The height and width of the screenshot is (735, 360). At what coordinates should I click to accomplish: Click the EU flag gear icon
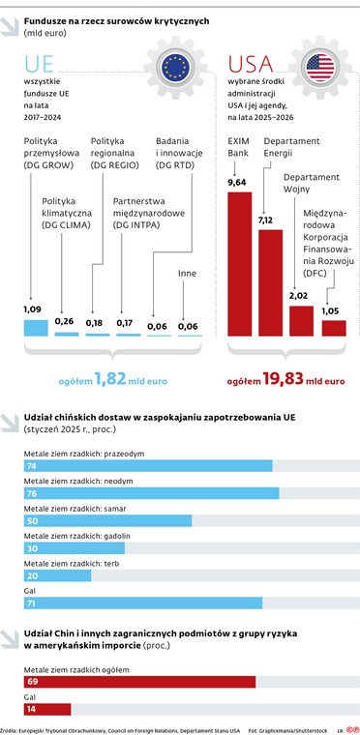click(177, 68)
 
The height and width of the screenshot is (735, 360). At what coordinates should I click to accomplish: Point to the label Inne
click(187, 274)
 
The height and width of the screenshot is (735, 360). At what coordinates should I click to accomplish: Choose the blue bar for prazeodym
click(146, 465)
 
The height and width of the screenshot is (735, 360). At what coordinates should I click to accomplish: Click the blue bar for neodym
click(150, 493)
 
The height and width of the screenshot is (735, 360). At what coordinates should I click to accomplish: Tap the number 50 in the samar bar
click(32, 521)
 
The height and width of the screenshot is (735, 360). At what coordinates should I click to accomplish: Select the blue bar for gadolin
click(74, 548)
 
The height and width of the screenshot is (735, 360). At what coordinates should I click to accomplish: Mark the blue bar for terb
click(57, 575)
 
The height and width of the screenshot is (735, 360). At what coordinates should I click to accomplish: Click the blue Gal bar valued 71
click(142, 603)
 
